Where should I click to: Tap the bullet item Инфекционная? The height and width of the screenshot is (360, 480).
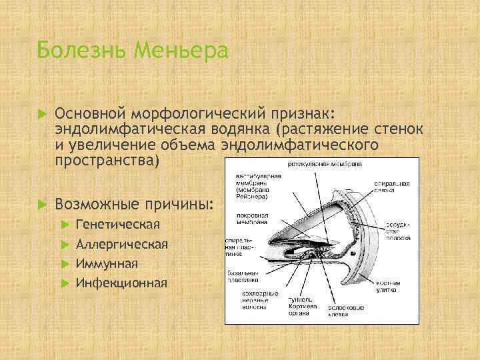click(121, 283)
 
